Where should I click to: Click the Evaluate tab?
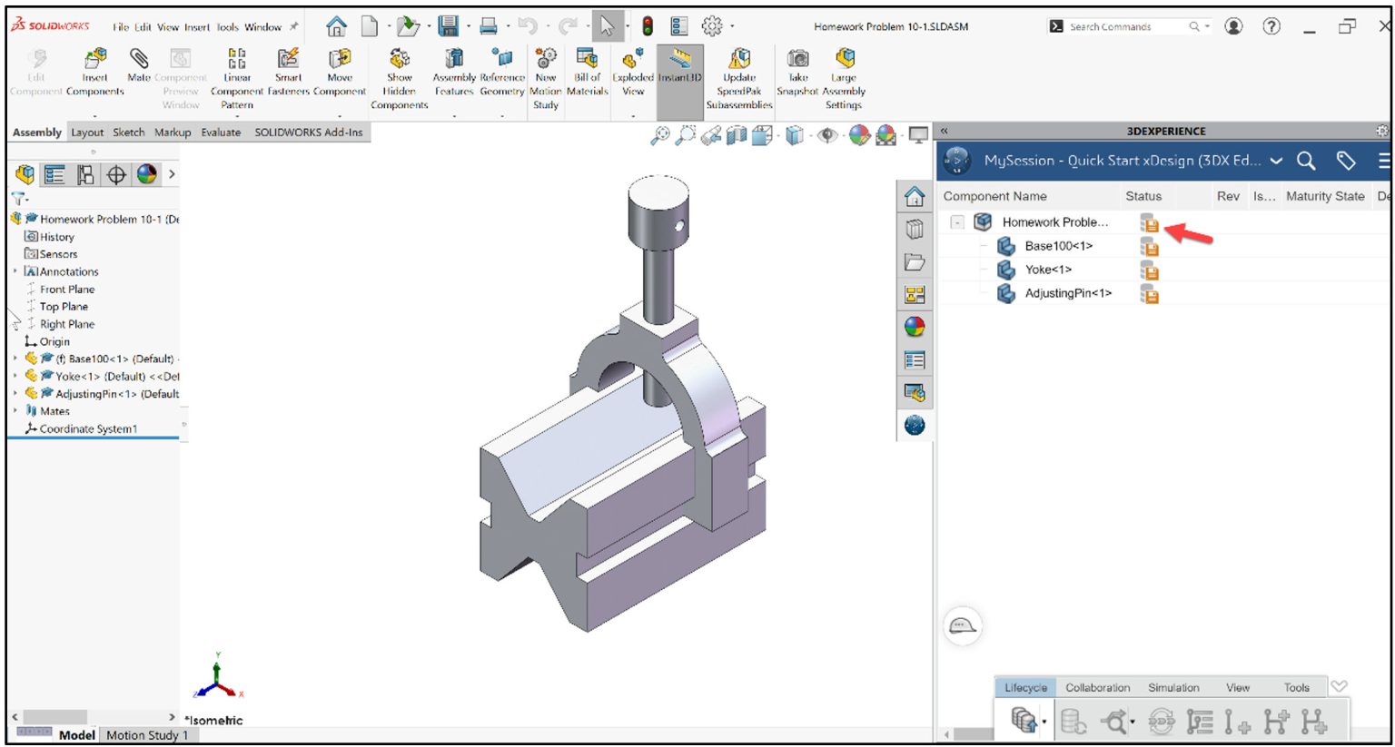coord(221,133)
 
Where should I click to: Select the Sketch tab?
coord(128,133)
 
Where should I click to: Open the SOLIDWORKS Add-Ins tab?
coord(308,133)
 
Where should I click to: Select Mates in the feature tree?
coord(54,411)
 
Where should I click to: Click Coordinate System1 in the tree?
coord(88,429)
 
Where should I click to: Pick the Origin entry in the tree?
coord(54,342)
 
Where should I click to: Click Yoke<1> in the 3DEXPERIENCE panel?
coord(1048,270)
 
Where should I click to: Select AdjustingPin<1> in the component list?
coord(1068,293)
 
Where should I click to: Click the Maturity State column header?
coord(1324,196)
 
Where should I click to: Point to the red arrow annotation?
coord(1188,234)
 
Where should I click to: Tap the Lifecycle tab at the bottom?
coord(1025,688)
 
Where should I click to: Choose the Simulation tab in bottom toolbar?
coord(1173,688)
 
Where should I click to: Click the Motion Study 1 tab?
coord(147,735)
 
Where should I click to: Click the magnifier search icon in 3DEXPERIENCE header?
coord(1306,161)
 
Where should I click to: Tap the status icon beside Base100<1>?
coord(1150,247)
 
